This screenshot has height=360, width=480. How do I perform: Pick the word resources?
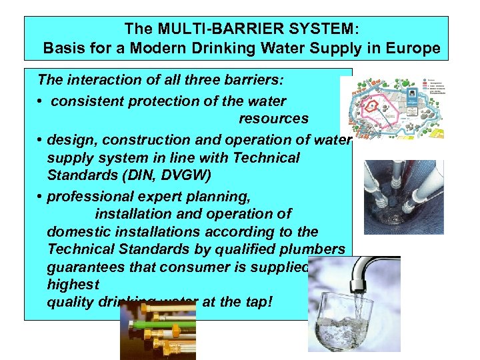click(x=273, y=119)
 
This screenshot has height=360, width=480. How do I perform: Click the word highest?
click(x=73, y=285)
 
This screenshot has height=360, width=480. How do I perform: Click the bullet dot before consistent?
click(x=41, y=102)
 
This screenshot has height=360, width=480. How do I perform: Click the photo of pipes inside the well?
click(x=403, y=197)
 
